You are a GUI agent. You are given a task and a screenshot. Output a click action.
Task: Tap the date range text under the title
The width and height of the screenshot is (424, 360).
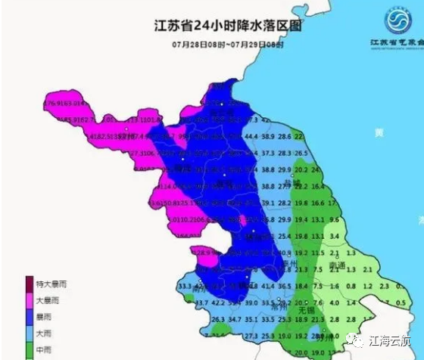[x=227, y=45]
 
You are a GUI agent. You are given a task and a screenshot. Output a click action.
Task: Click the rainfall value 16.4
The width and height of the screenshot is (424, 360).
[x=318, y=186]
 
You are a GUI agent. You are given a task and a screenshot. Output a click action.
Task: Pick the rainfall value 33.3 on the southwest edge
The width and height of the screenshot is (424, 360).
[x=183, y=287]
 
